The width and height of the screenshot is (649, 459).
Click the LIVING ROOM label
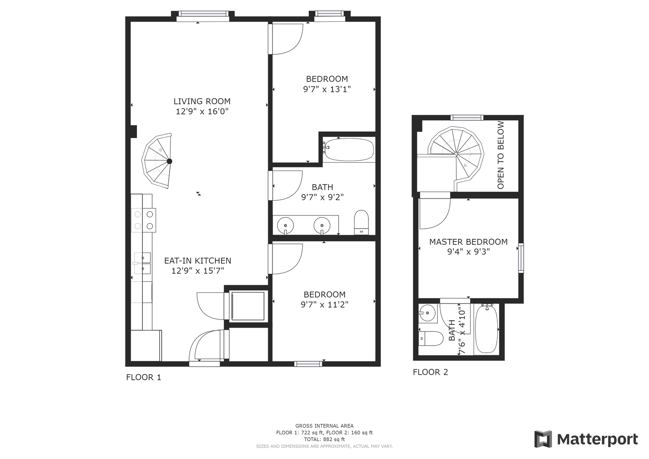202,102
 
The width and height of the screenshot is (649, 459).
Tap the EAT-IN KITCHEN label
198,261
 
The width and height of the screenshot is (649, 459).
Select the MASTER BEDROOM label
468,242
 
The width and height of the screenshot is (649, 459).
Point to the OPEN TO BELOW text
501,155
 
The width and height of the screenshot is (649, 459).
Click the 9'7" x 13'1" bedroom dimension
327,89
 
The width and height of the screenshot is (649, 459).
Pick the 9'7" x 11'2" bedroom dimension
325,305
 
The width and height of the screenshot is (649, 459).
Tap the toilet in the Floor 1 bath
361,222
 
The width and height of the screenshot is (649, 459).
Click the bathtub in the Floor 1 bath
349,150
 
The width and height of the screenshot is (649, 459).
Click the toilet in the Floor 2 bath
431,338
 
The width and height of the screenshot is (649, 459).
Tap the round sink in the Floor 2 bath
428,313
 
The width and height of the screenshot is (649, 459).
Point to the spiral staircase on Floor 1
157,161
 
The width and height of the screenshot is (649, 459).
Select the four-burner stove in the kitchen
144,220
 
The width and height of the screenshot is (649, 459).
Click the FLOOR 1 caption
143,377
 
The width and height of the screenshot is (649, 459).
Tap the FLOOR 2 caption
430,372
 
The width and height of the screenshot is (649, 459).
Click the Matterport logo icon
543,439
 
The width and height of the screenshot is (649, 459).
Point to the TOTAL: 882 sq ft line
324,439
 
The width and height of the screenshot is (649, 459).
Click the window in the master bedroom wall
521,258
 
